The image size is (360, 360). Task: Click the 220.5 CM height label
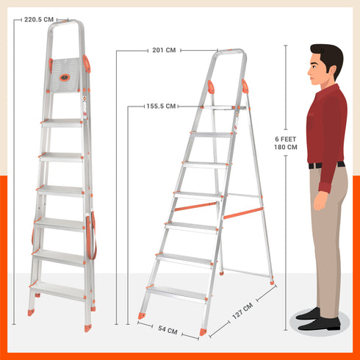(39, 20)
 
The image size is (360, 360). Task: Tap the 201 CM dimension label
(164, 50)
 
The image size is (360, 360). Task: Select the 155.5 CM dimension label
(161, 107)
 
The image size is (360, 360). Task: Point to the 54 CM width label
(168, 330)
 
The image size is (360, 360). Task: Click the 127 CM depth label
(242, 311)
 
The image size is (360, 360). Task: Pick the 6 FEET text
(286, 139)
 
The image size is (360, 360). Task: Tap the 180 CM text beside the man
(286, 147)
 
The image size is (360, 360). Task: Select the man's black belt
(326, 165)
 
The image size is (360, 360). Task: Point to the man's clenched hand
(320, 201)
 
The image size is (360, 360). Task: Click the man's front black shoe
(319, 324)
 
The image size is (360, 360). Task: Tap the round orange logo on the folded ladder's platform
(65, 78)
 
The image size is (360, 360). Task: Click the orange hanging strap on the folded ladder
(91, 236)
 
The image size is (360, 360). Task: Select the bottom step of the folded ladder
(58, 291)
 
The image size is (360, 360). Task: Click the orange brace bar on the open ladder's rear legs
(243, 213)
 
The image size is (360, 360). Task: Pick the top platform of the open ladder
(224, 107)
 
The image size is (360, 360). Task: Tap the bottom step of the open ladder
(177, 294)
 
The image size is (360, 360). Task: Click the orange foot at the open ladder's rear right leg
(272, 283)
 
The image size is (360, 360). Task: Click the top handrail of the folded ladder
(65, 23)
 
